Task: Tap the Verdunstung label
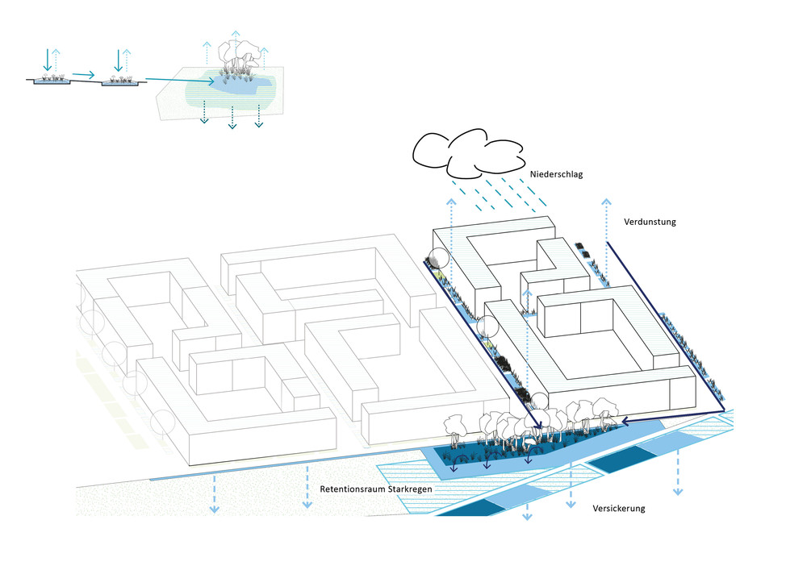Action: point(650,221)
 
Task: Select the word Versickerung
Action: point(619,509)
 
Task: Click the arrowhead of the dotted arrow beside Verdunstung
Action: point(606,200)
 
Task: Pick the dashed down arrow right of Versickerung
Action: point(677,490)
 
